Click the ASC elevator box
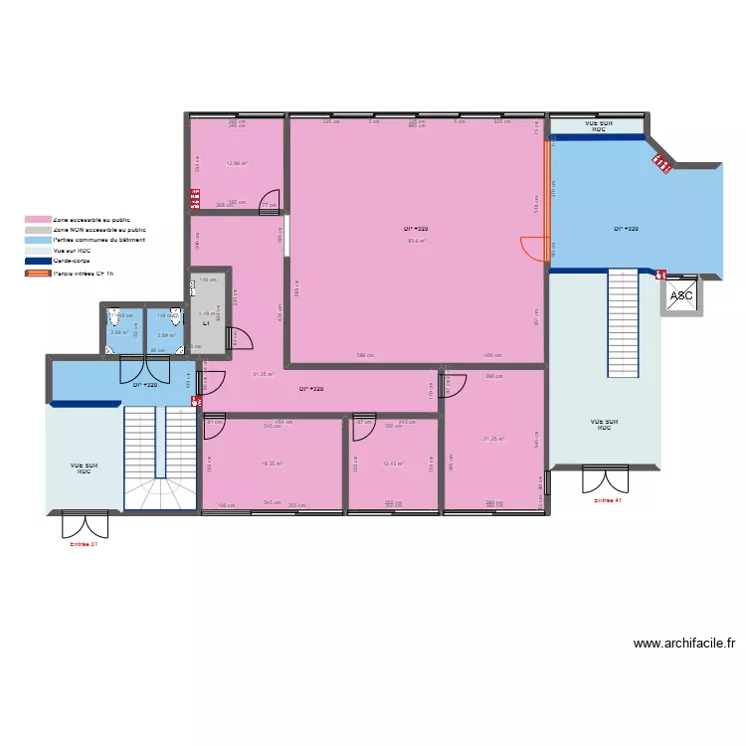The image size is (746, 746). point(682,295)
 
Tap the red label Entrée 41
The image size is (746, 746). point(607,500)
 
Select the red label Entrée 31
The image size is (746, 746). point(84,544)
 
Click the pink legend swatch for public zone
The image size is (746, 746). point(38,219)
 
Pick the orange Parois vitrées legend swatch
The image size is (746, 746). point(38,272)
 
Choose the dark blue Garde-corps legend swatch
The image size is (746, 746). point(38,261)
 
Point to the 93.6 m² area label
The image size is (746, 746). point(417,240)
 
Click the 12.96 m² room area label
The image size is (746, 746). point(237,164)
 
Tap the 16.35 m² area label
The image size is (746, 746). point(272,463)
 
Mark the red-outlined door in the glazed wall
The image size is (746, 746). point(535,248)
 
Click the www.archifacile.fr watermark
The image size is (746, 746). point(684,644)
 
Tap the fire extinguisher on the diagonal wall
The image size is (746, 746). point(660,164)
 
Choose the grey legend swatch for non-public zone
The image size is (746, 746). point(38,230)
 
